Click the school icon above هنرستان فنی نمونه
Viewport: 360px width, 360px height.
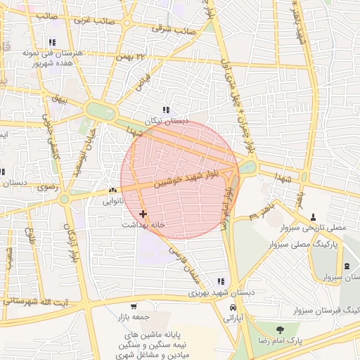pos(52,42)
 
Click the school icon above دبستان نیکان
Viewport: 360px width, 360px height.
pos(166,110)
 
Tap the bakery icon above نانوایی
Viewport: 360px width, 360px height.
pos(112,191)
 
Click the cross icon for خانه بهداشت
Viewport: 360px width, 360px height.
pos(143,213)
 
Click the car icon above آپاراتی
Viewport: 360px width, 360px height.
pos(232,308)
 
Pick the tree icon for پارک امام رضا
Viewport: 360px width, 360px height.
pos(281,329)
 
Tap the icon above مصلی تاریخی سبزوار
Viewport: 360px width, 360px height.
pos(314,217)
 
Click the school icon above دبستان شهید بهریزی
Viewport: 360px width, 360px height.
pos(221,281)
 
